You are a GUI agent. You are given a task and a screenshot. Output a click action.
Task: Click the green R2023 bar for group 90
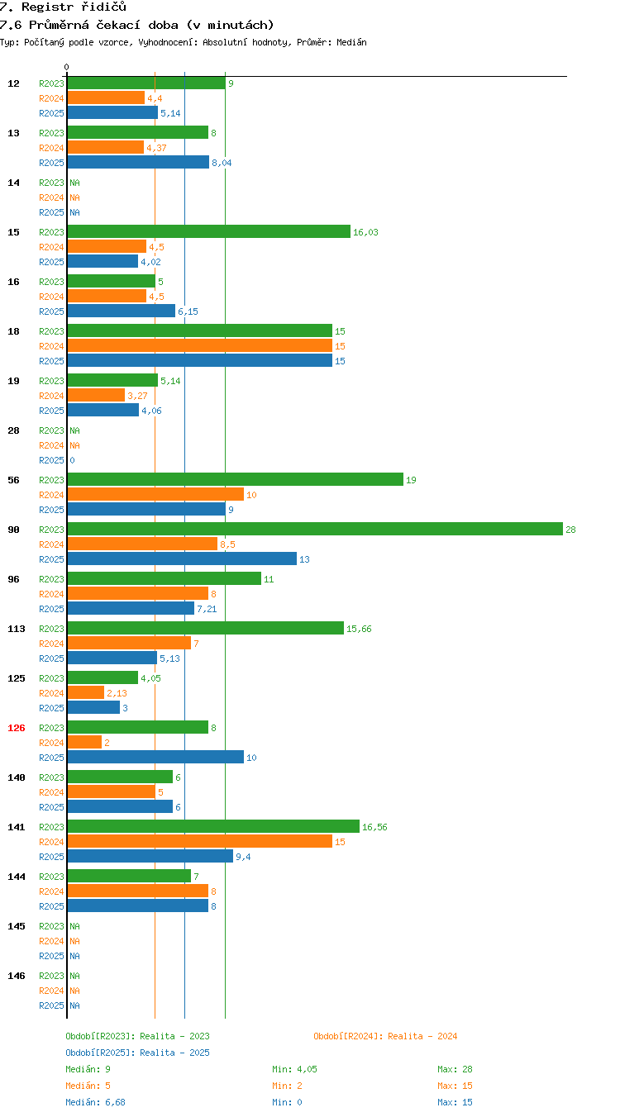[315, 529]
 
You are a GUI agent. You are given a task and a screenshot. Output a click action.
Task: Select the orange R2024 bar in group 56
[155, 494]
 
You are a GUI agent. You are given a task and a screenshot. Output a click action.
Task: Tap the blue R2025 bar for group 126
[155, 757]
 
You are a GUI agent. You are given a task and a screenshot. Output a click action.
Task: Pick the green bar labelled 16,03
[209, 231]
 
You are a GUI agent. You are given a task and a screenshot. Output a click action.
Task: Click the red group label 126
[16, 728]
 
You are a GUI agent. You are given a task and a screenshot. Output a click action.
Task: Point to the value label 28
[570, 530]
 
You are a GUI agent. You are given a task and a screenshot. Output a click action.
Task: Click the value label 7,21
[207, 609]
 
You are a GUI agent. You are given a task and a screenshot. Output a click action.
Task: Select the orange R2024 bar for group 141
[200, 841]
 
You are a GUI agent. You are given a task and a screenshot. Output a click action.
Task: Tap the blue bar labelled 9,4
[150, 856]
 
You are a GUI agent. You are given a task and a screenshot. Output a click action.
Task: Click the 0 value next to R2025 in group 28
[72, 460]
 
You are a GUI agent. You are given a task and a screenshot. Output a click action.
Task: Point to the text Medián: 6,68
[95, 1102]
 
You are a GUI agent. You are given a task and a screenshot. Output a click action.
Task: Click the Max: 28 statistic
[455, 1069]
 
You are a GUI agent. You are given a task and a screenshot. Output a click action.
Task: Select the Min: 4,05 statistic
[294, 1069]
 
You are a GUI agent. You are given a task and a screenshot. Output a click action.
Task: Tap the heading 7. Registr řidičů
[63, 7]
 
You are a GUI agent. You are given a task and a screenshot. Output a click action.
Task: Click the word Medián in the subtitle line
[351, 42]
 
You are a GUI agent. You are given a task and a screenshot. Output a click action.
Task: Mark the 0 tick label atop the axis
[66, 67]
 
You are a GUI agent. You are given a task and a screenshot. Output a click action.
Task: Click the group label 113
[16, 628]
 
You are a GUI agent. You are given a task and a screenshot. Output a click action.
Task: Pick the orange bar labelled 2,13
[86, 692]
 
